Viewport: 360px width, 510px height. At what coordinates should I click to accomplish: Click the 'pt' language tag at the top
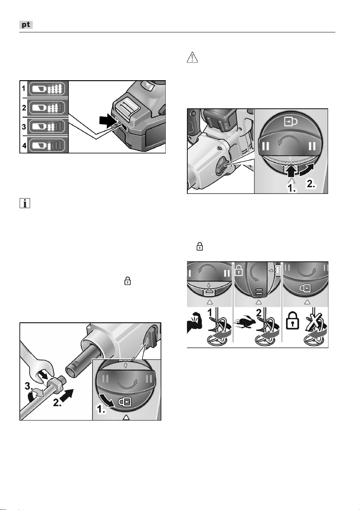[26, 25]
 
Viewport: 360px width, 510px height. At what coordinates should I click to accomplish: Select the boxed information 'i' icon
[25, 203]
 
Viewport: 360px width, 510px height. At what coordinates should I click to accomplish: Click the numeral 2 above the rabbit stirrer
[259, 313]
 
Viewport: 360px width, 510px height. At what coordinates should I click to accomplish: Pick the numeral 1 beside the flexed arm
[210, 313]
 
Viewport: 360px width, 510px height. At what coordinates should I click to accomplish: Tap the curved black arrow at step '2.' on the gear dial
[307, 169]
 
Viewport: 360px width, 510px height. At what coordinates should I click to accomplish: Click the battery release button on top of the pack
[125, 106]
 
